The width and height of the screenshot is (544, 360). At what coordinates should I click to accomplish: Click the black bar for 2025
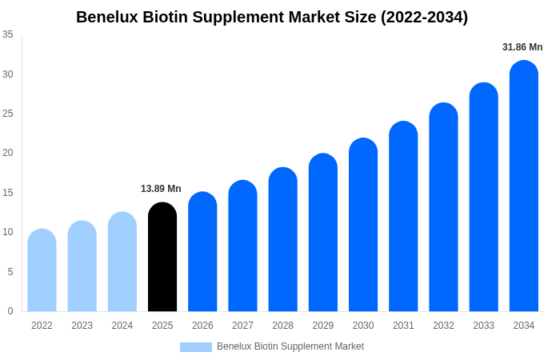tap(162, 258)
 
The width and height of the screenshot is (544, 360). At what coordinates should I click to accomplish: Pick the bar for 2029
tap(323, 233)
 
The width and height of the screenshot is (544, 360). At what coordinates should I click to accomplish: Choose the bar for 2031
tap(403, 217)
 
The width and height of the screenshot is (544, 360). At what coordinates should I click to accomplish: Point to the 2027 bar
tap(242, 246)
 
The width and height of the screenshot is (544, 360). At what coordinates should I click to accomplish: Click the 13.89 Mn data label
tap(161, 189)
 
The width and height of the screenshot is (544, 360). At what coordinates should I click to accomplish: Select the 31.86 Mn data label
tap(522, 47)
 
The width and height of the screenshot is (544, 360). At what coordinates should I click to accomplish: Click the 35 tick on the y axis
tap(8, 34)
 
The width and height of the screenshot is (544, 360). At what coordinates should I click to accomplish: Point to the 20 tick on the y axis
tap(8, 153)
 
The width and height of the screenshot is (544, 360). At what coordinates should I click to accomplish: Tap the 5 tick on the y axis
tap(10, 272)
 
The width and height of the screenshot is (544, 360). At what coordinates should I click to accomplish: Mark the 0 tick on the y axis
tap(10, 311)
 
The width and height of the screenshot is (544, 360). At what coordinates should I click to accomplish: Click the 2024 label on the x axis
tap(122, 326)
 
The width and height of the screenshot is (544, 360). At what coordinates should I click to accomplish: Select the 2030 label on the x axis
tap(363, 326)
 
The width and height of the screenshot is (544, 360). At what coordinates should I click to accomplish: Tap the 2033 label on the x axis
tap(483, 326)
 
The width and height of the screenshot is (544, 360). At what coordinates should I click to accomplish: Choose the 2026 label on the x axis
tap(202, 326)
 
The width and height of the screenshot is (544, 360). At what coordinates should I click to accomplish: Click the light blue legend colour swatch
tap(196, 347)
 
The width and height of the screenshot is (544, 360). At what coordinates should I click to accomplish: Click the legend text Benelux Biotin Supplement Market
tap(290, 346)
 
